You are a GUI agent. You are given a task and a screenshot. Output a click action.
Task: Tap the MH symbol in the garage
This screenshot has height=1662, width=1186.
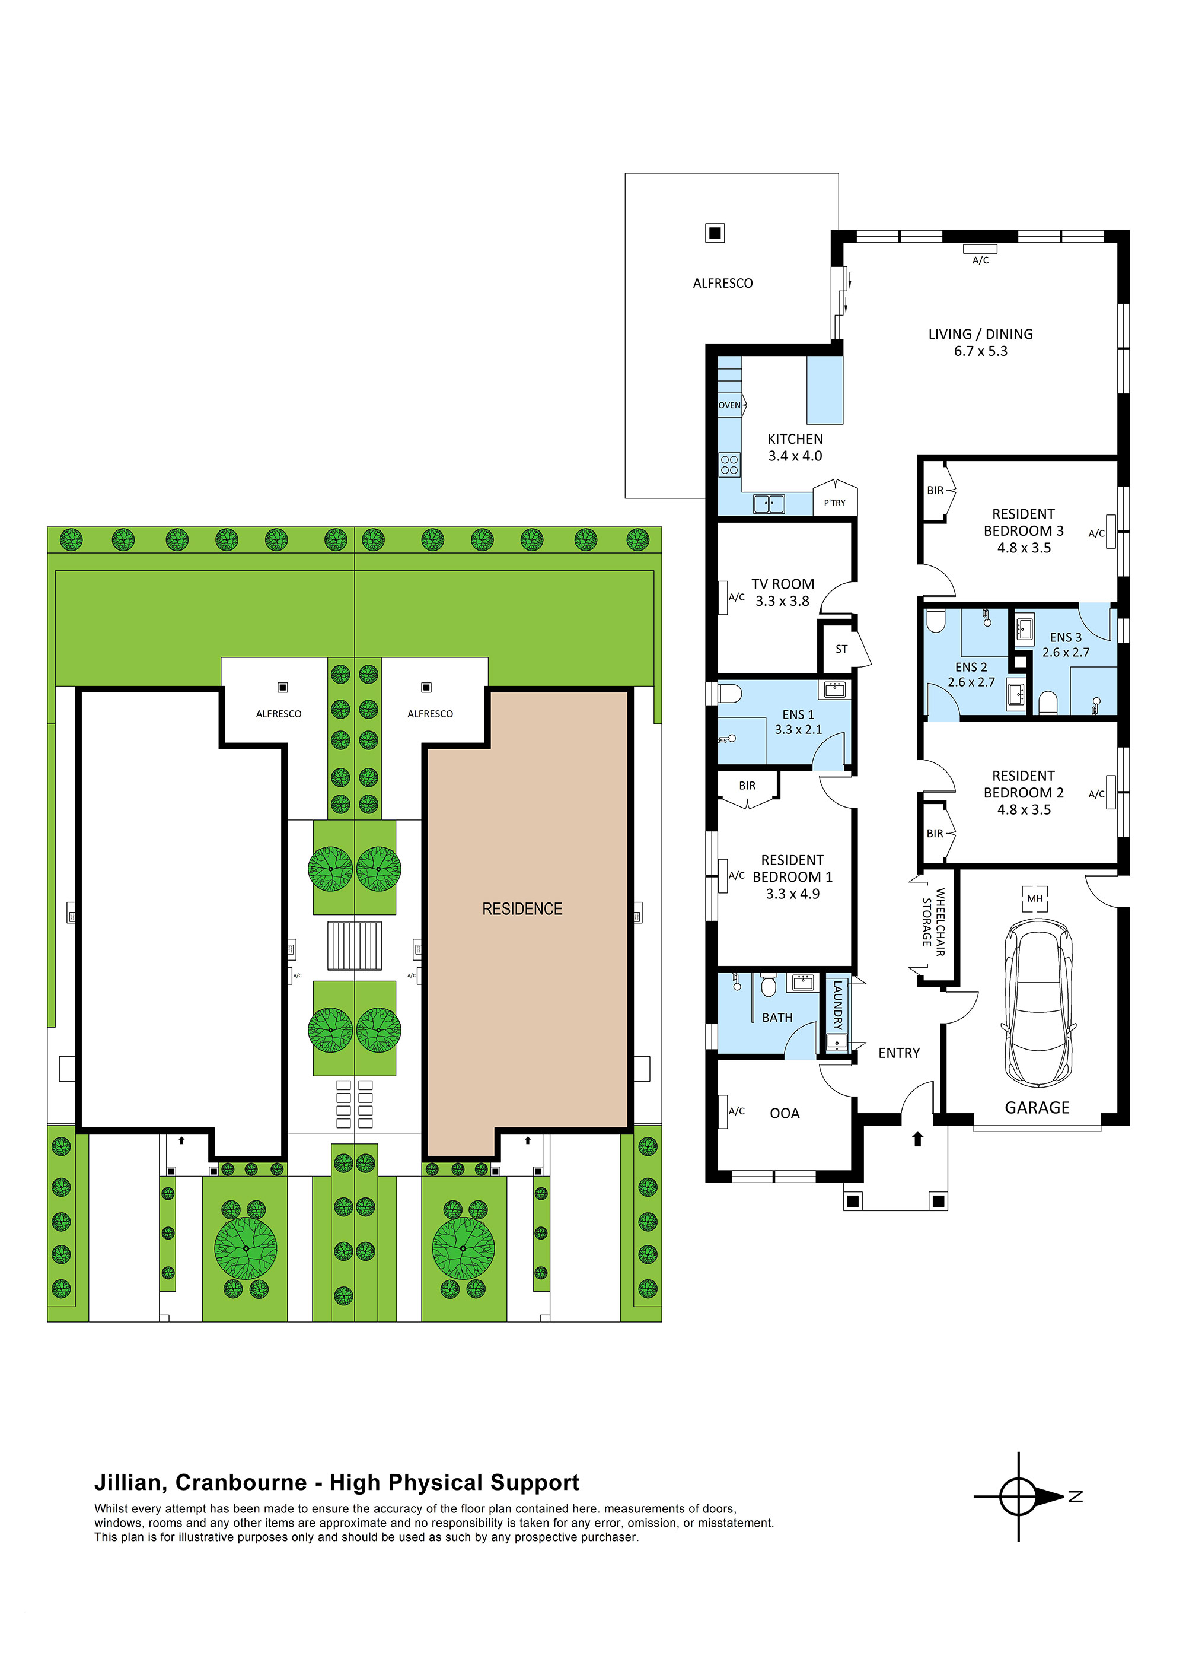[1034, 898]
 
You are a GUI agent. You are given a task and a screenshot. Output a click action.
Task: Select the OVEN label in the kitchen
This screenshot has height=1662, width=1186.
[729, 405]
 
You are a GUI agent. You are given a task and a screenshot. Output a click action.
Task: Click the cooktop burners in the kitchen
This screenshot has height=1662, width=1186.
[729, 465]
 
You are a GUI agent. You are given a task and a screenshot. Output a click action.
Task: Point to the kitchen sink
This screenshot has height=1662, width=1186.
[769, 503]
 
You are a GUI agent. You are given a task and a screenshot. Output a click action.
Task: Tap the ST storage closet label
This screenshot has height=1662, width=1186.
[841, 649]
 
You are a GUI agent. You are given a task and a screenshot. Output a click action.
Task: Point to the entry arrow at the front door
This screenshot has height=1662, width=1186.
[918, 1138]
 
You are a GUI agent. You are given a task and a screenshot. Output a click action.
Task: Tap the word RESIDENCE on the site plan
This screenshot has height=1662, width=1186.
[522, 909]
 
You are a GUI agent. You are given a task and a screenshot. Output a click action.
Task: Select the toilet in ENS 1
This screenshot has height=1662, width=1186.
[731, 692]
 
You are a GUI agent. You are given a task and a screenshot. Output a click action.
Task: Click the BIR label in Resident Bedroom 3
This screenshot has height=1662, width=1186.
[935, 490]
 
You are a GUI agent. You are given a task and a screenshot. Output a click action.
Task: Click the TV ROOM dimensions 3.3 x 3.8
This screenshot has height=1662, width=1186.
[782, 601]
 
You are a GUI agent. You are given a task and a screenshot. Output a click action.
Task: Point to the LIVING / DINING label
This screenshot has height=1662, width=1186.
[980, 334]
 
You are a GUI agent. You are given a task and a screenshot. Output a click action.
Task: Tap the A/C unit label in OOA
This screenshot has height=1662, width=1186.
[736, 1111]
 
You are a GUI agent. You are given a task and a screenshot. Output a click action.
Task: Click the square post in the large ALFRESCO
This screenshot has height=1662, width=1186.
[715, 233]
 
